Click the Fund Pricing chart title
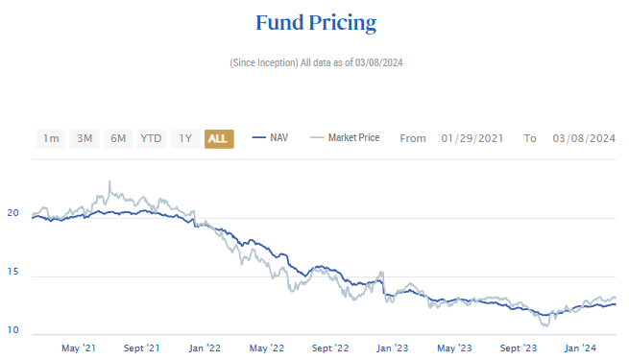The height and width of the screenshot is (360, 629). click(x=315, y=22)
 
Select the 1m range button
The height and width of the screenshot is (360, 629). click(x=51, y=138)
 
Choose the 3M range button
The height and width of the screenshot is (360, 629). click(x=85, y=138)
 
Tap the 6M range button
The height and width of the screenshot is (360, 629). click(x=118, y=138)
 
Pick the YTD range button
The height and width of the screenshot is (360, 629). click(x=151, y=138)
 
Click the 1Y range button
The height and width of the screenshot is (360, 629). click(x=185, y=138)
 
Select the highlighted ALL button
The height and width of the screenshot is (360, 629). click(x=218, y=138)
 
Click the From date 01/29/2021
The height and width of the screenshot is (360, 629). click(x=473, y=138)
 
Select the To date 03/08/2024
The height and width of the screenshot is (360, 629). click(x=584, y=138)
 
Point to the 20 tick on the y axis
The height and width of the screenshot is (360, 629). click(x=13, y=213)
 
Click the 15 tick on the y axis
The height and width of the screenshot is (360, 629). click(x=13, y=273)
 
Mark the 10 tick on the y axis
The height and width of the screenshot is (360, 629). click(x=13, y=331)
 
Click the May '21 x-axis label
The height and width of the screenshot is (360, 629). click(x=79, y=348)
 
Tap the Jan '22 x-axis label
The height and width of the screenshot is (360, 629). click(x=206, y=348)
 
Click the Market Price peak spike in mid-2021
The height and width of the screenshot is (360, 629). click(x=109, y=181)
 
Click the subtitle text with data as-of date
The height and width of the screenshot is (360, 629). click(x=314, y=62)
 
